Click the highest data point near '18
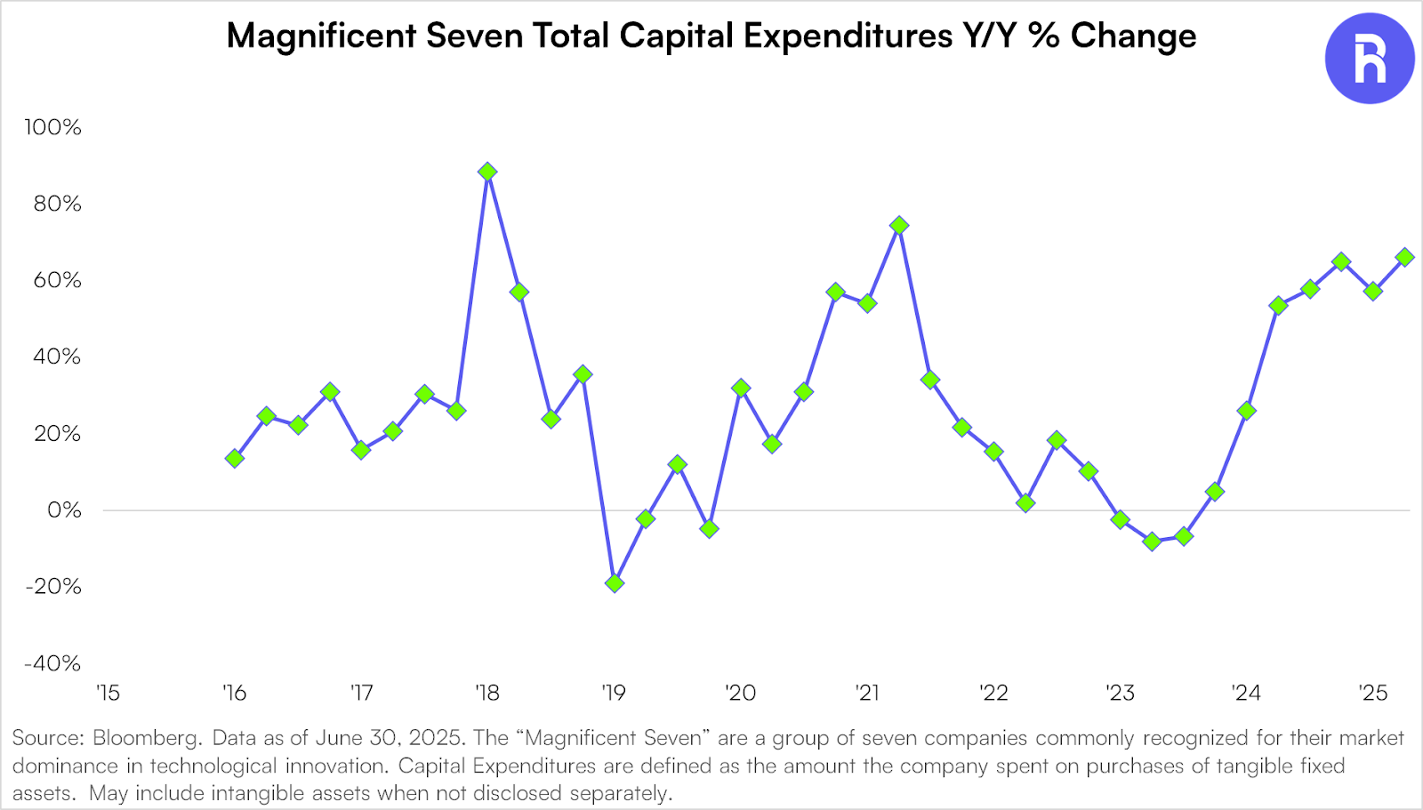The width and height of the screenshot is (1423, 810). point(487,172)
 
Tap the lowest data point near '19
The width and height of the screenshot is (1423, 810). point(615,583)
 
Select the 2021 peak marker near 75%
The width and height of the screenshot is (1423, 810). point(899,226)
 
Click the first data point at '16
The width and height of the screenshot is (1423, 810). point(235,459)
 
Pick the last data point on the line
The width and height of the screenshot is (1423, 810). point(1405,257)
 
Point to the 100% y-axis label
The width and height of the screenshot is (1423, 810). point(52,127)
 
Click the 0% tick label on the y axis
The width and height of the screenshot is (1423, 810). point(64,510)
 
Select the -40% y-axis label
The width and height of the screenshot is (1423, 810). point(52,663)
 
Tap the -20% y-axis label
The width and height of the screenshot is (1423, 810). point(52,587)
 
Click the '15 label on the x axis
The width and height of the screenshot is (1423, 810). point(108,694)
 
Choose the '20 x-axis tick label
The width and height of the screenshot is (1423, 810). point(740,694)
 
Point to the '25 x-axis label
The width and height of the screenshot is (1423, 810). point(1373,694)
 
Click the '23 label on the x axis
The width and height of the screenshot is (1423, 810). point(1120,694)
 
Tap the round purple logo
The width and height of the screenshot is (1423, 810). point(1370,59)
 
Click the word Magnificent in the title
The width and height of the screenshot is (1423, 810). point(322,36)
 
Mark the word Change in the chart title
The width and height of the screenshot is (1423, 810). point(1133,36)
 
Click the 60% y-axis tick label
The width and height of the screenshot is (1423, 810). point(57,281)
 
